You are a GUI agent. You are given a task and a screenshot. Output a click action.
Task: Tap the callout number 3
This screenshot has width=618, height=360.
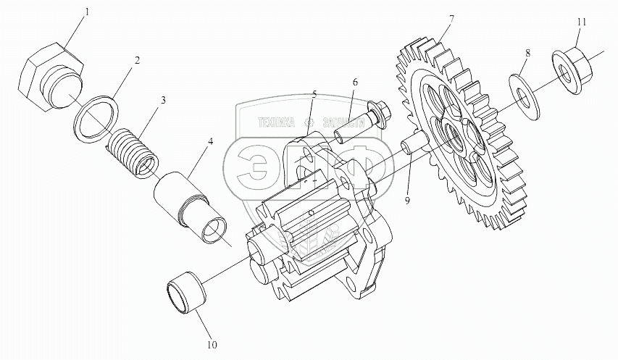164,100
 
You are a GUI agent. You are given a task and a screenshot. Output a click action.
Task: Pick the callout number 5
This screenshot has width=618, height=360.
314,94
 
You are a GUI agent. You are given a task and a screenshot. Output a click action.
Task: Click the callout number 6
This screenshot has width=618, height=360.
356,83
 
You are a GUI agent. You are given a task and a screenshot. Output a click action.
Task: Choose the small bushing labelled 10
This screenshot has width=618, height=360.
187,293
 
